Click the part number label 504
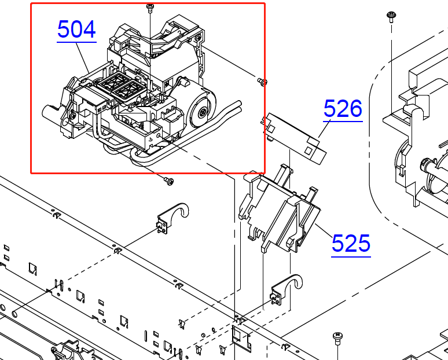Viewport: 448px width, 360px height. click(x=76, y=30)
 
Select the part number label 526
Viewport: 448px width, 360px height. click(x=343, y=109)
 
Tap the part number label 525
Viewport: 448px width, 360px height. click(x=351, y=244)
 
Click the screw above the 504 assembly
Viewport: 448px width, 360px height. click(x=150, y=8)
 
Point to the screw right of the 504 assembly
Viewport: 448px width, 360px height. click(x=262, y=82)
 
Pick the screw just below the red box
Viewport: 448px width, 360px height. click(x=169, y=181)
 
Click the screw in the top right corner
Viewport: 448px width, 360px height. click(x=391, y=17)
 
